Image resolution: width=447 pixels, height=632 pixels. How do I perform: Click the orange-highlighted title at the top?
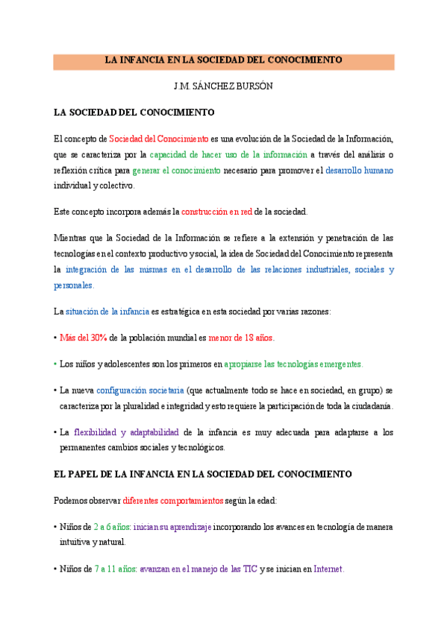tap(223, 61)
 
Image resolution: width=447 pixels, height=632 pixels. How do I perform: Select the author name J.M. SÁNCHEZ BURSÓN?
tap(223, 86)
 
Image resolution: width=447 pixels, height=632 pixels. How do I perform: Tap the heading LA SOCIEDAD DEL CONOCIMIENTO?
tap(134, 113)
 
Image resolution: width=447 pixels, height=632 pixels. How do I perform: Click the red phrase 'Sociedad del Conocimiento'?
tap(158, 139)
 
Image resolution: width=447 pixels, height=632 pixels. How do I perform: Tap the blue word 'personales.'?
tap(74, 285)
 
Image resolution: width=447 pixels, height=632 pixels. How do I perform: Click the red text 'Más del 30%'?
tap(83, 338)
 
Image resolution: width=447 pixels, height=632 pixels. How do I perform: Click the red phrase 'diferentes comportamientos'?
tap(172, 500)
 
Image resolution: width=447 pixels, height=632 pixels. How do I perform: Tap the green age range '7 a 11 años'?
tap(116, 569)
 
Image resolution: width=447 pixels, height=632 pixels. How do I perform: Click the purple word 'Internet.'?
tap(328, 569)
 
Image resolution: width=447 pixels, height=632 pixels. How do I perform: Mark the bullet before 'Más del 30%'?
tap(55, 338)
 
